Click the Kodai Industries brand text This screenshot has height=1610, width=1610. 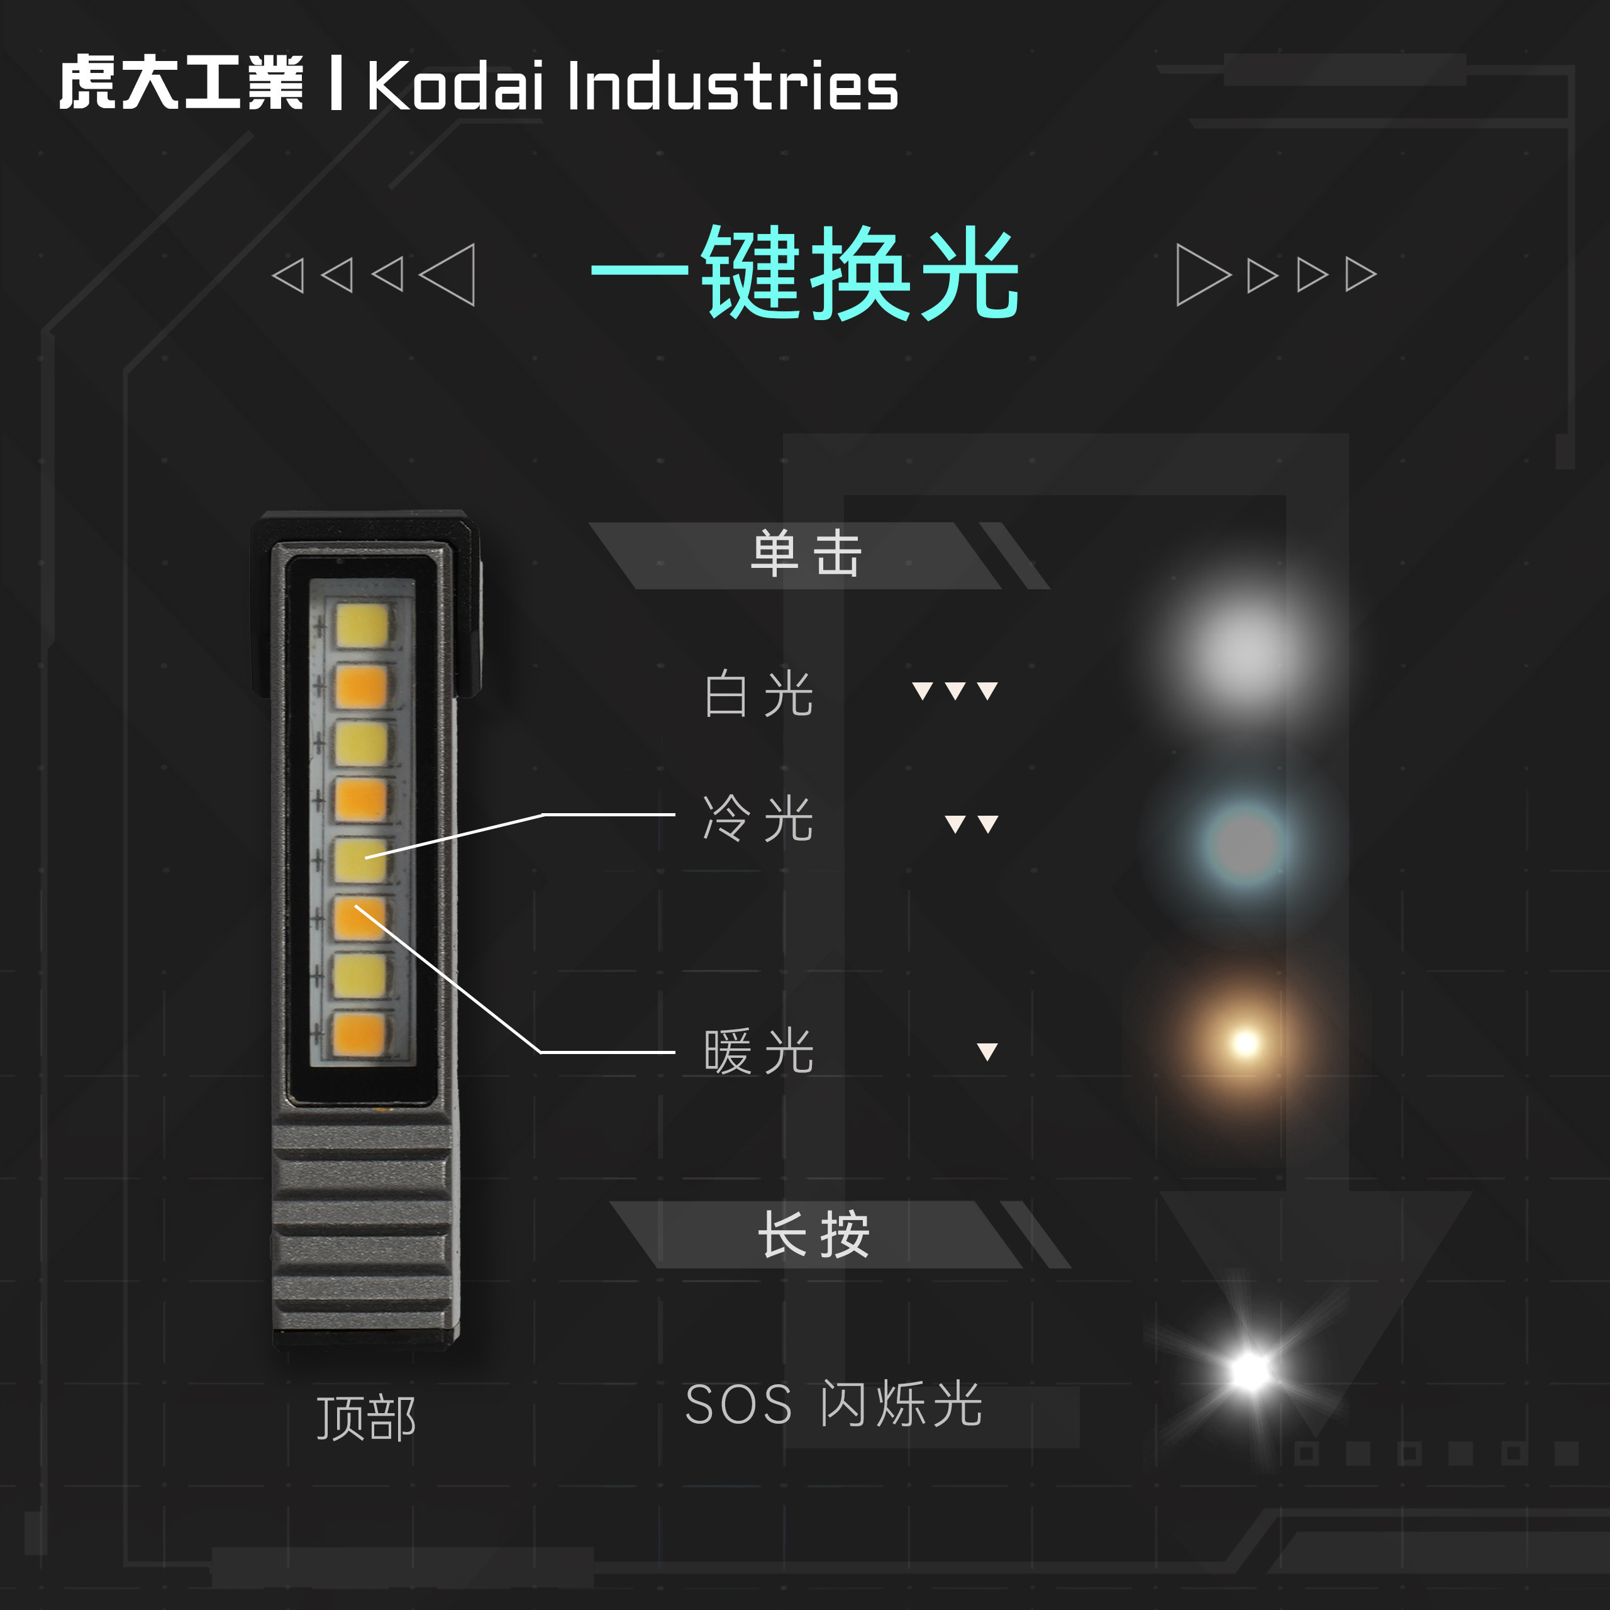coord(631,85)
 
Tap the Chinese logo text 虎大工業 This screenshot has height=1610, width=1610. coord(181,84)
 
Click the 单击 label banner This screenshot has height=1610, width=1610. coord(805,555)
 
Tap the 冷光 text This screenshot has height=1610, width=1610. coord(757,819)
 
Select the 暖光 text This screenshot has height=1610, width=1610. coord(757,1052)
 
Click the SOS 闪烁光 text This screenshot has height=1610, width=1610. coord(833,1405)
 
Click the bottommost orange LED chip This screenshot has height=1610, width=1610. coord(359,1034)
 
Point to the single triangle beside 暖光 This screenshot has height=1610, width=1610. coord(987,1051)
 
